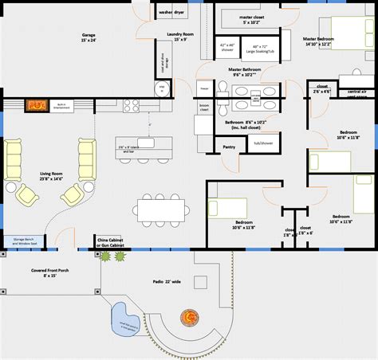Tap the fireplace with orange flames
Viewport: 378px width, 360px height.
(37, 105)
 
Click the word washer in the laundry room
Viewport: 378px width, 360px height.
(166, 13)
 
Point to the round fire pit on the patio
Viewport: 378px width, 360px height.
(191, 316)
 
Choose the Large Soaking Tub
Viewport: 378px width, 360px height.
(260, 50)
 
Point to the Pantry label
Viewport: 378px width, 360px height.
(230, 147)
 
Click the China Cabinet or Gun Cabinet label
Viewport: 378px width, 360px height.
(112, 241)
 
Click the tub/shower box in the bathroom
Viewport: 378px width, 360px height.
(262, 143)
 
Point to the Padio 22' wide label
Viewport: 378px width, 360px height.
(168, 281)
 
